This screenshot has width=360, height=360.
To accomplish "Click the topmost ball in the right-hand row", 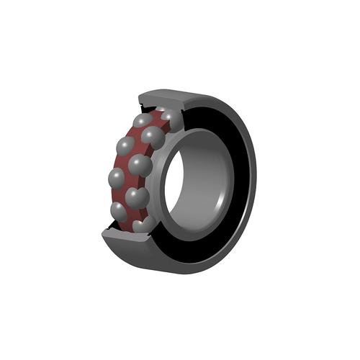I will pos(171,117).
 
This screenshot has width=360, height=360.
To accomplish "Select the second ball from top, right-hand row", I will pos(153,137).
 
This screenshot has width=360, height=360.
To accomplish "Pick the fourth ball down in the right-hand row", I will pos(136,197).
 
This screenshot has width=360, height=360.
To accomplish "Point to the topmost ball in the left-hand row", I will pos(144,120).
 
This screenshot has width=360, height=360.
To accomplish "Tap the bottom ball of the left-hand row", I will pos(120,210).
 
